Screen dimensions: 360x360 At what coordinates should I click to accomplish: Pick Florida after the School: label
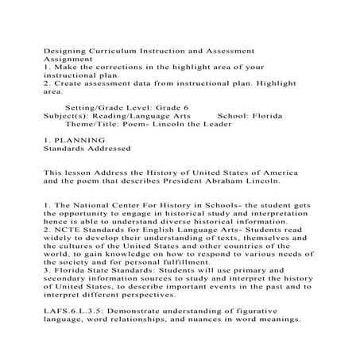coord(272,114)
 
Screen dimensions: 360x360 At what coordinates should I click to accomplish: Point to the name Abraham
coord(235,180)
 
